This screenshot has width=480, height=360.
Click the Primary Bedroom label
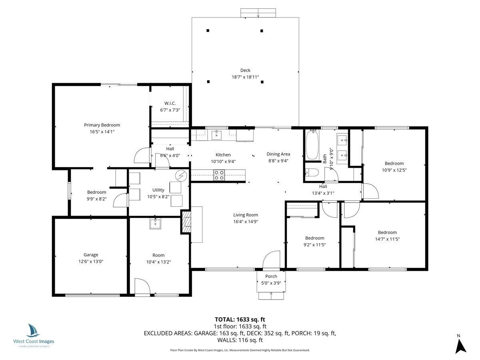102,125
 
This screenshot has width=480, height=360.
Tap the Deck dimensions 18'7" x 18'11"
245,77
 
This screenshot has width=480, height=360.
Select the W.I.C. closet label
170,103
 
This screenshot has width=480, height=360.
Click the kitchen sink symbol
217,134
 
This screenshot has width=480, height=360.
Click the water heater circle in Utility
181,175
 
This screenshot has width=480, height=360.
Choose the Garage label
91,255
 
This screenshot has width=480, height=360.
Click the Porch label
271,276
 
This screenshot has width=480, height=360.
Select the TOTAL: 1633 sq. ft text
240,319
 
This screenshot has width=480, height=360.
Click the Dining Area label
278,154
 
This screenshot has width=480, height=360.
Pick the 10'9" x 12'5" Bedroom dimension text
394,170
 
